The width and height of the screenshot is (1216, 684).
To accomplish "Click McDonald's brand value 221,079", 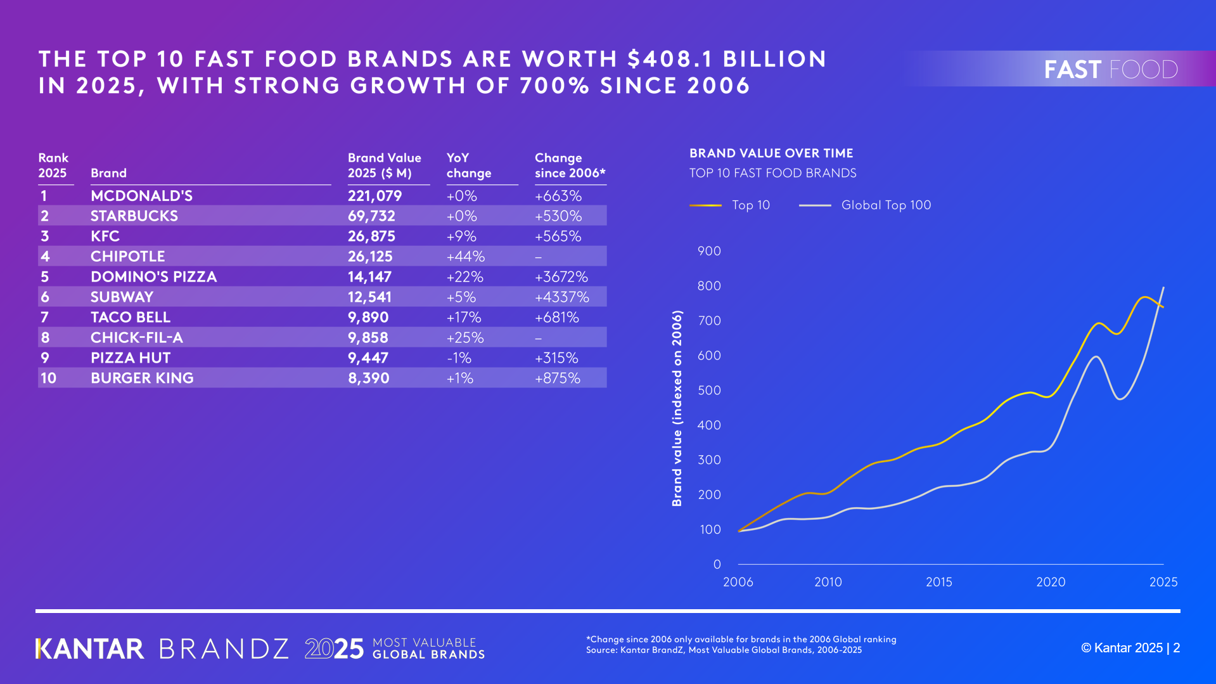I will click(x=374, y=196).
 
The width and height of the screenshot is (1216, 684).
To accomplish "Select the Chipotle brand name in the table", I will click(x=127, y=257).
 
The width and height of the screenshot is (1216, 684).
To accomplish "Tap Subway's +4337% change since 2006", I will click(x=561, y=297).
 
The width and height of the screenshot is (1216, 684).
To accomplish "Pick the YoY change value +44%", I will click(x=465, y=257).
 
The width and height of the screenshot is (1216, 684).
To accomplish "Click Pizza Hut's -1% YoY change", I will click(x=459, y=358).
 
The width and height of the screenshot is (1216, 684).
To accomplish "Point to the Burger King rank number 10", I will click(x=48, y=378).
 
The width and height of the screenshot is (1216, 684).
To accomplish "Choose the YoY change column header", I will click(x=468, y=165).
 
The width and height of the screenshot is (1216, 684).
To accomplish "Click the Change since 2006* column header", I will click(x=569, y=165).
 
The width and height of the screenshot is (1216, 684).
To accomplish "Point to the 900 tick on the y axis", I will click(x=709, y=251).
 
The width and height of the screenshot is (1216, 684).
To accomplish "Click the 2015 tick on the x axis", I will click(x=938, y=582).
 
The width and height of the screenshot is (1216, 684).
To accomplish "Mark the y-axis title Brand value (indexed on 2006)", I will click(x=677, y=408).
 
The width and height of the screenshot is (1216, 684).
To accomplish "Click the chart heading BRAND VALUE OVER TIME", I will click(x=771, y=153).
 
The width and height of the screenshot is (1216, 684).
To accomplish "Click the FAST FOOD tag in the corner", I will click(x=1110, y=69).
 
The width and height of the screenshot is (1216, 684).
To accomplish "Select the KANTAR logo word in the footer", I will click(x=90, y=649).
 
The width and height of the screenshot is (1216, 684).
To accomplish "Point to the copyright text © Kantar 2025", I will click(x=1121, y=648).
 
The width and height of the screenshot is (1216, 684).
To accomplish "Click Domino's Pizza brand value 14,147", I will click(x=369, y=277).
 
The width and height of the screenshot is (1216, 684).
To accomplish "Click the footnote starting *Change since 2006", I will click(x=741, y=640).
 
